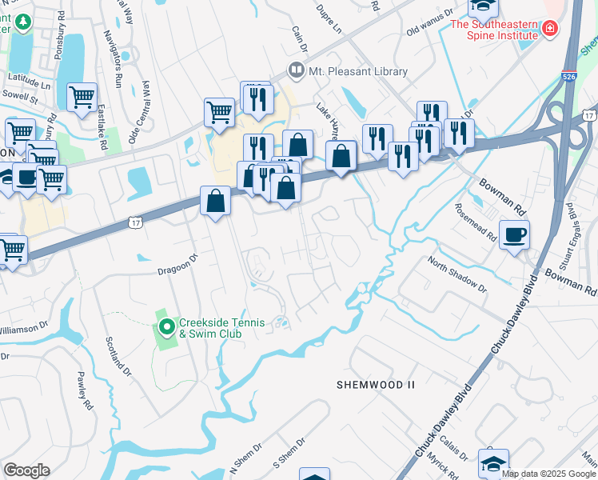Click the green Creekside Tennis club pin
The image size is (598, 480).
click(x=166, y=326)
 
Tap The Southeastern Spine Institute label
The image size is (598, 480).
click(x=494, y=30)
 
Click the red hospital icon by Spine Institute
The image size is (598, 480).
click(x=548, y=30)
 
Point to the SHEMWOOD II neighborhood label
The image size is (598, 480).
click(x=375, y=385)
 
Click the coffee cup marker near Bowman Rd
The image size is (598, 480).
click(x=514, y=235)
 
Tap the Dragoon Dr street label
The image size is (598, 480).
click(x=176, y=259)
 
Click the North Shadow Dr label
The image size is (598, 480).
click(x=456, y=274)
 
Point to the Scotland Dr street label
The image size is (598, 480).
click(x=118, y=355)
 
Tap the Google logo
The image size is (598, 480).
click(x=26, y=470)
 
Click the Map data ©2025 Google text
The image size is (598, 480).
click(x=548, y=474)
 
